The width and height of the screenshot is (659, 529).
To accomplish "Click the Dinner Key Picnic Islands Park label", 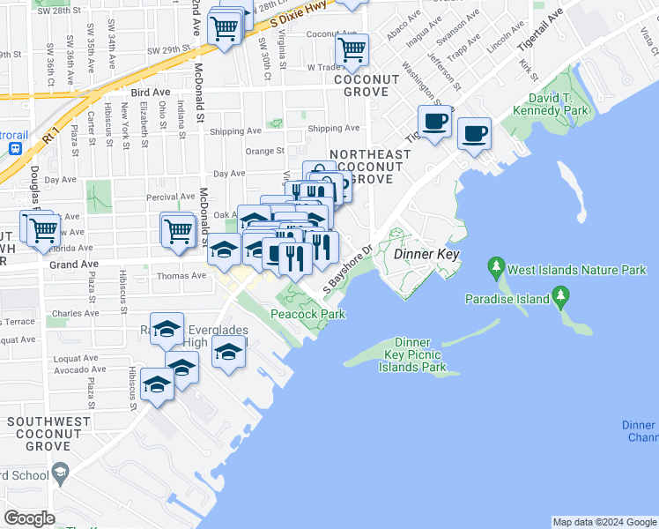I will click(x=411, y=354).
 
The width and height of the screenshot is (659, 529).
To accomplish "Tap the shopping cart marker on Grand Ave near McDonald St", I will click(x=177, y=229).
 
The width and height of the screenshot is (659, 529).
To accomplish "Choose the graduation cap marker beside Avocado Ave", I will click(x=182, y=366).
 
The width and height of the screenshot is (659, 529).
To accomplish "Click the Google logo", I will click(x=29, y=518).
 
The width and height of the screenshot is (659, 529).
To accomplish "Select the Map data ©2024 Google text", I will click(x=604, y=522).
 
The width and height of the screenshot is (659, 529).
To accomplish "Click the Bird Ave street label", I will click(x=149, y=92).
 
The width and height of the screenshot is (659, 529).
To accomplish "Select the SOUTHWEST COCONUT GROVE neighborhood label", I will click(x=48, y=429).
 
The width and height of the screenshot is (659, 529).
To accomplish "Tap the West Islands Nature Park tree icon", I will click(x=496, y=265).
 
